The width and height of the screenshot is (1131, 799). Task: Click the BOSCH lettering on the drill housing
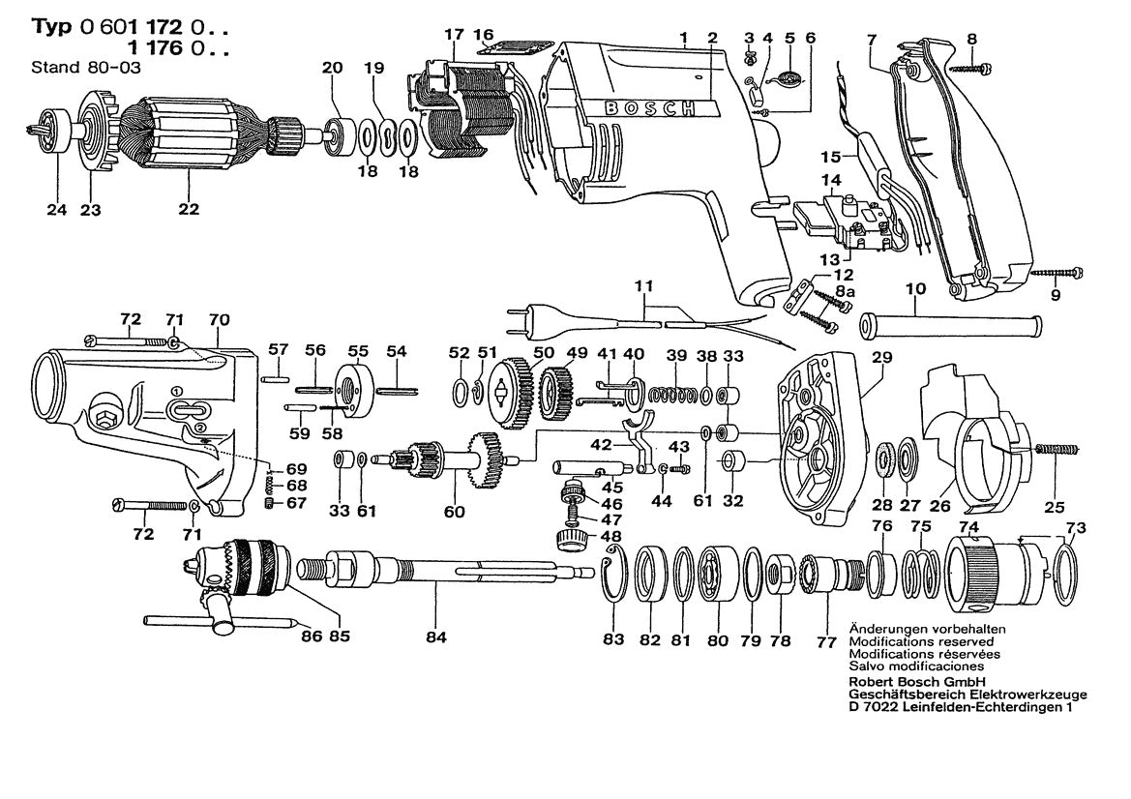[650, 108]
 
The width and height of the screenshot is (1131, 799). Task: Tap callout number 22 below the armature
[188, 210]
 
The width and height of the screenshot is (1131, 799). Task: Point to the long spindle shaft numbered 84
[455, 570]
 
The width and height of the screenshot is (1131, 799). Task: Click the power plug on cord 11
[528, 316]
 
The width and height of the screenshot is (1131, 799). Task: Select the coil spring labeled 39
[674, 395]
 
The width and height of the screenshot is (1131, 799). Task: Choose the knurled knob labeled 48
[569, 539]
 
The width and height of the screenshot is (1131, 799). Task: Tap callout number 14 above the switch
[831, 180]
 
